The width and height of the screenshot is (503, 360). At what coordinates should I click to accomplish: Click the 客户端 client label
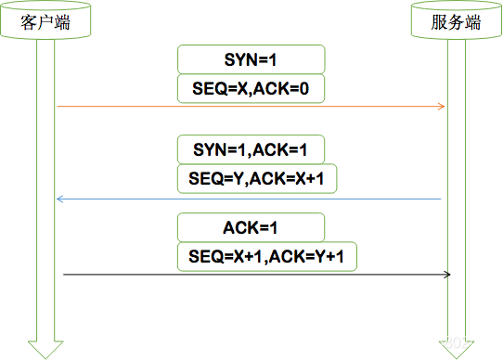pyautogui.click(x=45, y=22)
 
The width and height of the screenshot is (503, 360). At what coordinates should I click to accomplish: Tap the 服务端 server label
pyautogui.click(x=456, y=22)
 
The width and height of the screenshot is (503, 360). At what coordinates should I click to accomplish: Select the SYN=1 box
pyautogui.click(x=251, y=59)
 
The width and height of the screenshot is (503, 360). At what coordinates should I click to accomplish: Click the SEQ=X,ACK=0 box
pyautogui.click(x=251, y=88)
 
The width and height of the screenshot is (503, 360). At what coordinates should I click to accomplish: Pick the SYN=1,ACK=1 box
pyautogui.click(x=251, y=149)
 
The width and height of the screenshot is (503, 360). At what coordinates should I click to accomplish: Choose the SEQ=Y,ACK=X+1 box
pyautogui.click(x=257, y=179)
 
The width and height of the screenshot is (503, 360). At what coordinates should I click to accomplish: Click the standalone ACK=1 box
pyautogui.click(x=251, y=227)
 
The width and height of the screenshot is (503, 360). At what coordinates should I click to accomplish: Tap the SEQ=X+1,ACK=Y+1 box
pyautogui.click(x=267, y=257)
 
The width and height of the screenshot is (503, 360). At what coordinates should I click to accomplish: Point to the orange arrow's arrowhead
pyautogui.click(x=442, y=107)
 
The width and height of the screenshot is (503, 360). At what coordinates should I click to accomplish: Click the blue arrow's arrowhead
pyautogui.click(x=60, y=199)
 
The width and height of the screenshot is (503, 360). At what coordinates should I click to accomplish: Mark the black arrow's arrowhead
pyautogui.click(x=447, y=275)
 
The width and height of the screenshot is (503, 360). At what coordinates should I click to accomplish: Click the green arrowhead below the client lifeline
pyautogui.click(x=45, y=350)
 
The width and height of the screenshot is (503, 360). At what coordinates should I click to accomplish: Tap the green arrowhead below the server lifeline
pyautogui.click(x=457, y=350)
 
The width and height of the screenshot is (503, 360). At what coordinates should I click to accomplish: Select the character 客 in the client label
pyautogui.click(x=29, y=22)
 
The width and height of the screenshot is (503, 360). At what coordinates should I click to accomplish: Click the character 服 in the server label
pyautogui.click(x=439, y=22)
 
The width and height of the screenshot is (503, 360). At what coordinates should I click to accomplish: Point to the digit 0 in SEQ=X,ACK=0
pyautogui.click(x=303, y=88)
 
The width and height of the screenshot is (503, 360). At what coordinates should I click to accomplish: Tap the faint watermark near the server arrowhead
pyautogui.click(x=456, y=343)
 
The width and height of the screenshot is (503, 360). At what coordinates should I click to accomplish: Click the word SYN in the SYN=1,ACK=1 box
pyautogui.click(x=210, y=149)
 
